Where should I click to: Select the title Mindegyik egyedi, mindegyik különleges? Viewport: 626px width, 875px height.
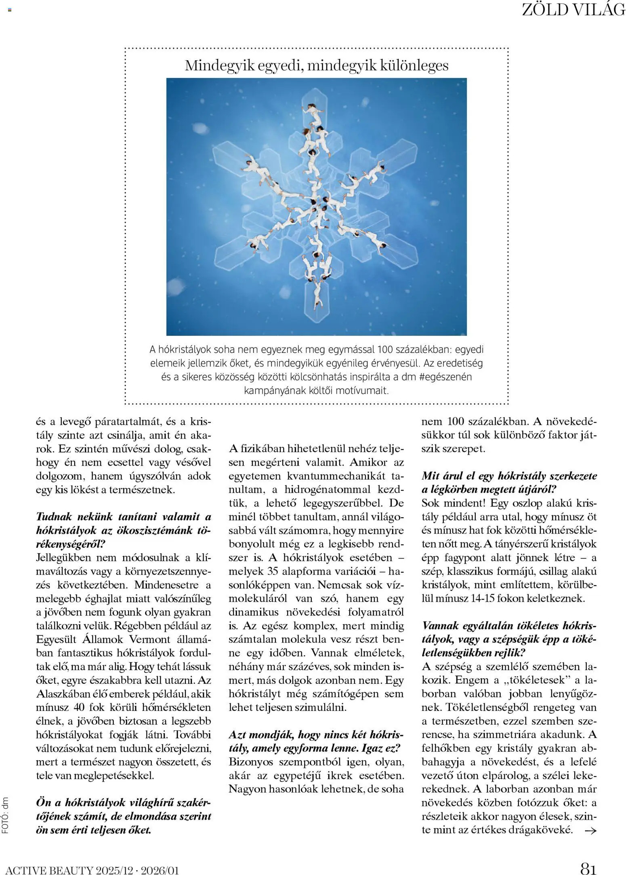click(x=317, y=65)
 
